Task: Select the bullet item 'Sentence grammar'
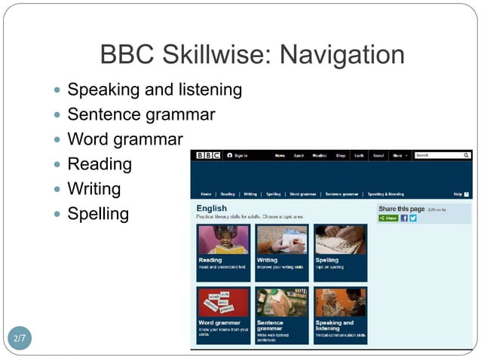pyautogui.click(x=141, y=114)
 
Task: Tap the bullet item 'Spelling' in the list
pyautogui.click(x=98, y=213)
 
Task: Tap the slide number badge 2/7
pyautogui.click(x=20, y=338)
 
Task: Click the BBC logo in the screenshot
pyautogui.click(x=207, y=155)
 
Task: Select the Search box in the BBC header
pyautogui.click(x=442, y=155)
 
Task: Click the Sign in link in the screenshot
pyautogui.click(x=239, y=155)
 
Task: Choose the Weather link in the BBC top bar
pyautogui.click(x=320, y=155)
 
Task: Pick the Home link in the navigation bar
pyautogui.click(x=206, y=194)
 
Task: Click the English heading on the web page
pyautogui.click(x=211, y=208)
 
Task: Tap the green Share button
pyautogui.click(x=388, y=218)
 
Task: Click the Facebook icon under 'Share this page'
pyautogui.click(x=404, y=218)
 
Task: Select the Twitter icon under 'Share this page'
pyautogui.click(x=413, y=218)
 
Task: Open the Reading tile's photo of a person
pyautogui.click(x=223, y=239)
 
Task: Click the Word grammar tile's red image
pyautogui.click(x=223, y=302)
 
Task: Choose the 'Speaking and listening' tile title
pyautogui.click(x=335, y=325)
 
